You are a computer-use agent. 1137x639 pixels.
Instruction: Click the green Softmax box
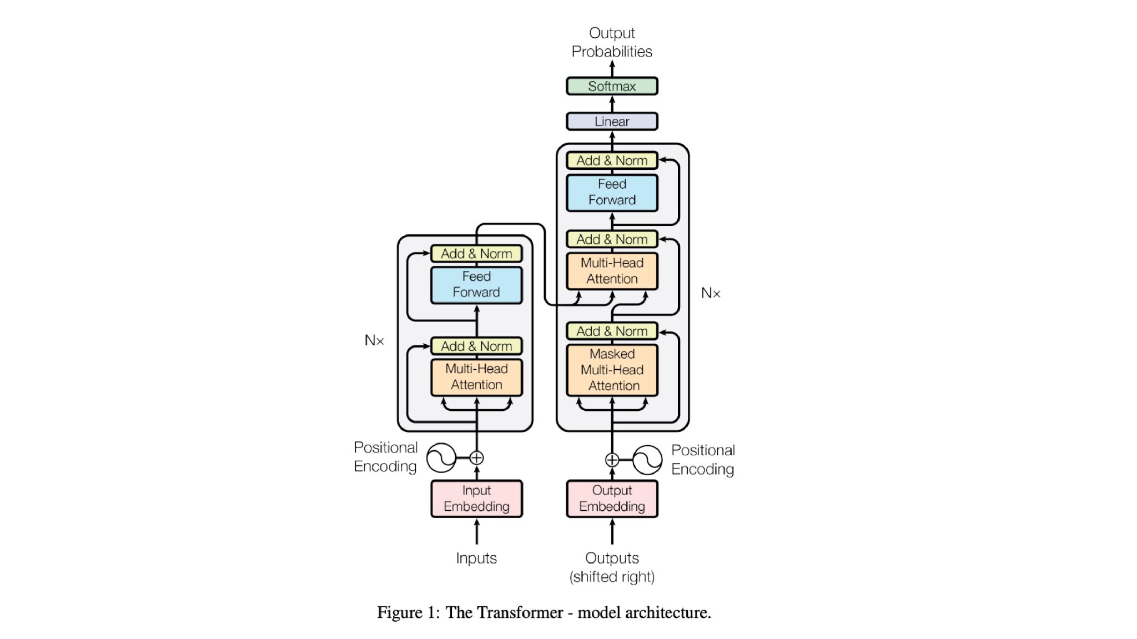click(x=612, y=86)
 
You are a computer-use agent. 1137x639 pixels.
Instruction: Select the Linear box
click(x=612, y=121)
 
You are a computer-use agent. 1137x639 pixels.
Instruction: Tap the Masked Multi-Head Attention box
click(x=612, y=370)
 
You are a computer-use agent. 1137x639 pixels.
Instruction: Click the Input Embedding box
click(x=476, y=499)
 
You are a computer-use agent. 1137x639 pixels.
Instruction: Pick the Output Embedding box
click(x=612, y=499)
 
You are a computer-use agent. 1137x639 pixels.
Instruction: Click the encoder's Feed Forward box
click(x=476, y=284)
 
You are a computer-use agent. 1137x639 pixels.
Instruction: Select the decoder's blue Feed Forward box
click(x=612, y=192)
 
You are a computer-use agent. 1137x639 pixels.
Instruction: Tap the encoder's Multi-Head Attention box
click(x=476, y=376)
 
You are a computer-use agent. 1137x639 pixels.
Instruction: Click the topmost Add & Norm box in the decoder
click(x=612, y=160)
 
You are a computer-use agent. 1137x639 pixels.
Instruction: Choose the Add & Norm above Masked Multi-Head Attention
click(x=612, y=331)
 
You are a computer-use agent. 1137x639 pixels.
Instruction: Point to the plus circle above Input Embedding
click(x=476, y=458)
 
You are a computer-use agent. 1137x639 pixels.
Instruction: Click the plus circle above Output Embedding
click(x=612, y=460)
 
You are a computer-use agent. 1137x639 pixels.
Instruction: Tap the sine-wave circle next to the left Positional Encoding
click(x=441, y=458)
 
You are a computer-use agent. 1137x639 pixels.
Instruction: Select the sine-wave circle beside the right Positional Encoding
click(x=647, y=460)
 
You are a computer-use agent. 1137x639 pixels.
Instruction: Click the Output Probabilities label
click(x=612, y=42)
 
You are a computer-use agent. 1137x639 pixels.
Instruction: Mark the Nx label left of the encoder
click(x=374, y=340)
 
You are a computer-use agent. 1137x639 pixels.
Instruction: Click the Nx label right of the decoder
click(x=711, y=293)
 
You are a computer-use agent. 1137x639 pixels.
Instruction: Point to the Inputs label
click(x=476, y=558)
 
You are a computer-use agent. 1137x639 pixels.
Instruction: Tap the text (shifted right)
click(x=612, y=577)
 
